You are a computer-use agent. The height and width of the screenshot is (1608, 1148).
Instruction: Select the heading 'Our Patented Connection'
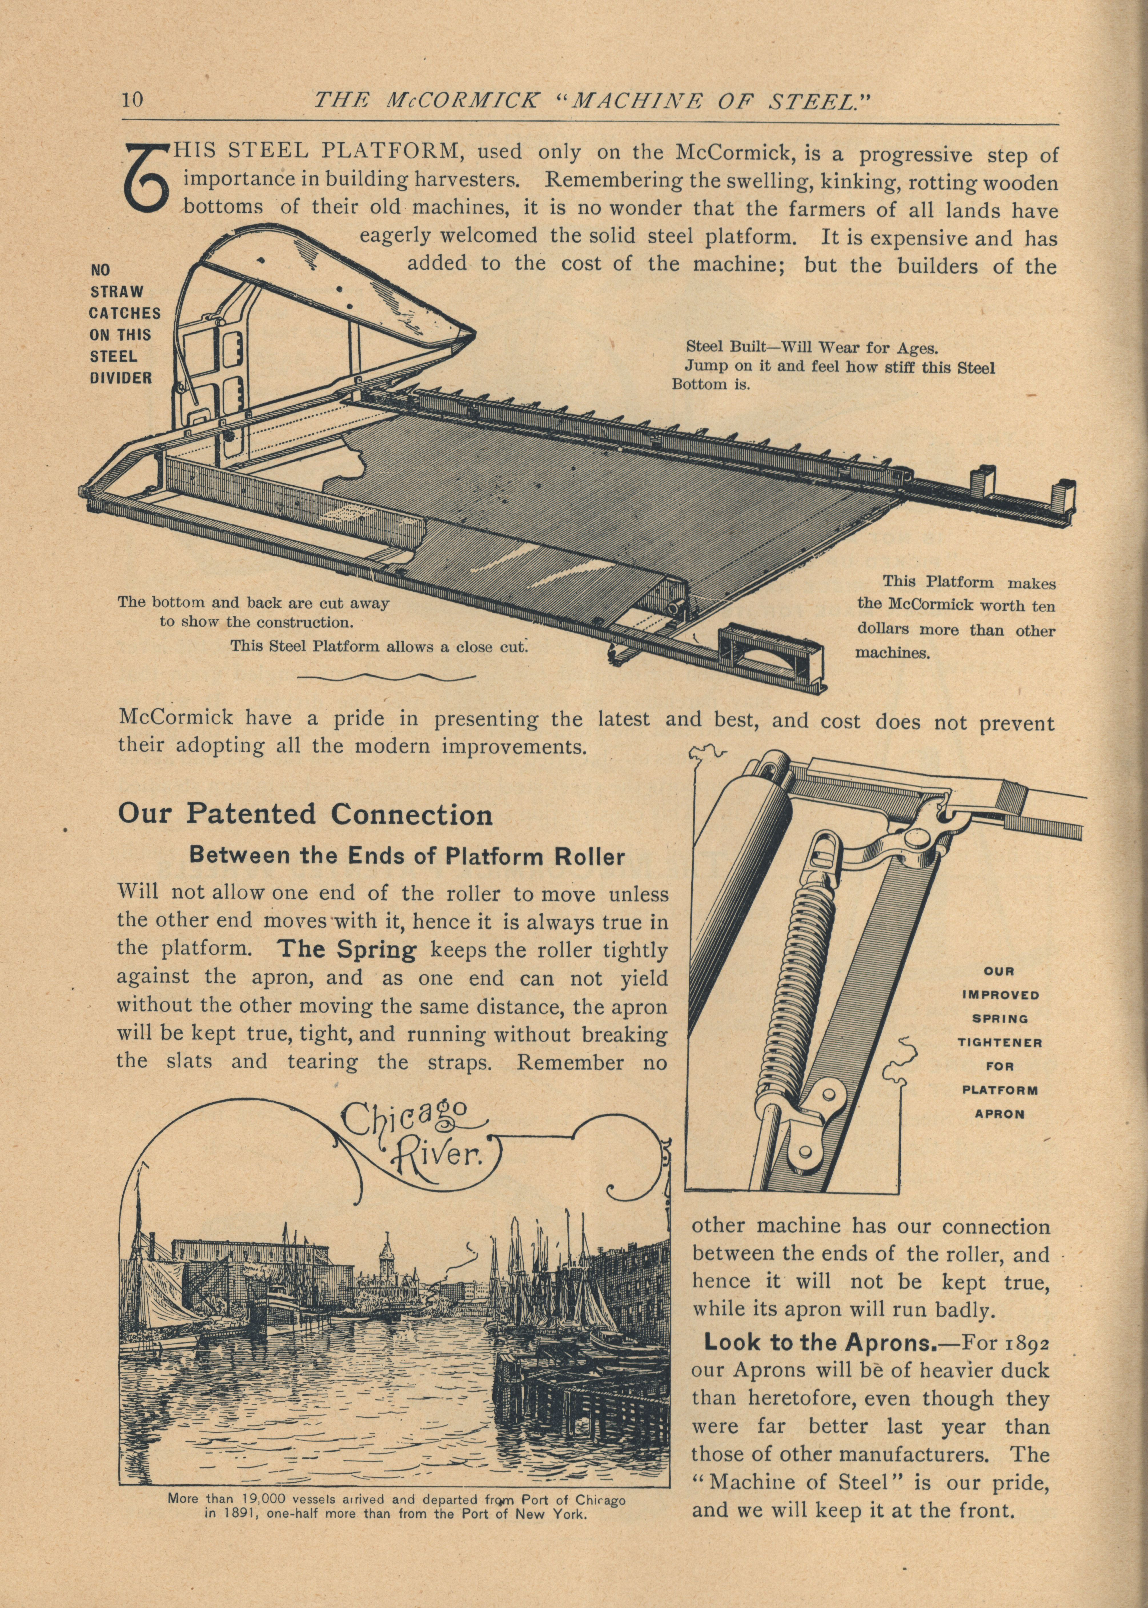[x=305, y=815]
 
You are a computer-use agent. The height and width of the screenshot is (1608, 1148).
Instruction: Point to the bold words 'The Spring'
[x=348, y=950]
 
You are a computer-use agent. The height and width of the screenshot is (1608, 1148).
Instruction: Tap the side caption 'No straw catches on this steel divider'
[x=125, y=323]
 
